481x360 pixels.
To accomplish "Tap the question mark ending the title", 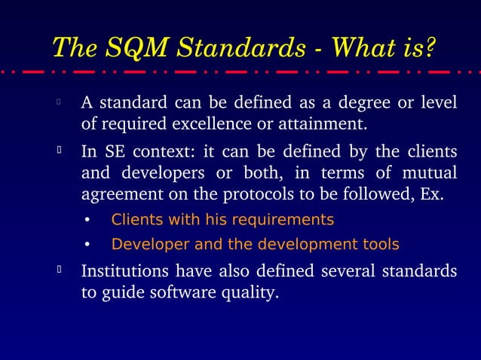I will point(430,47).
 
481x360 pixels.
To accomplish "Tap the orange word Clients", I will point(134,220).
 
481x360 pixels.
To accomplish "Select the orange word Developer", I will point(143,245).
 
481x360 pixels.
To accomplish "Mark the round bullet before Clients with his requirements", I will point(87,221).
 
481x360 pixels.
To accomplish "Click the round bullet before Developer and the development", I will point(87,246).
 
